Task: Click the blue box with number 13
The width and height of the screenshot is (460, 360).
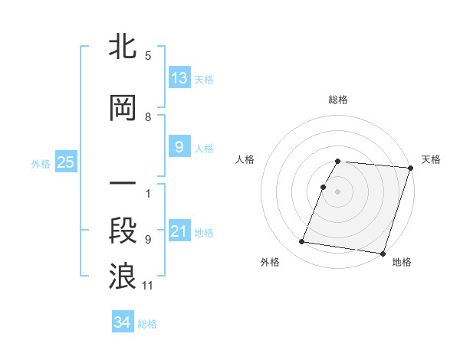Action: (x=179, y=78)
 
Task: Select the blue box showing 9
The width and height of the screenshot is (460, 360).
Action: (x=179, y=148)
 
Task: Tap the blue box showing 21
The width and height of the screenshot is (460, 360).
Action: (x=179, y=231)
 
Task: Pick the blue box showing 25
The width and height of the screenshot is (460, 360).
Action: (x=65, y=162)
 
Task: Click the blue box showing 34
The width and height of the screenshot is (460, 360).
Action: (x=123, y=322)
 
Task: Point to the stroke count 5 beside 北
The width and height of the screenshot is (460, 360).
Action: (x=148, y=56)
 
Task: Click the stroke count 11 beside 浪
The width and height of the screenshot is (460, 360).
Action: (x=148, y=286)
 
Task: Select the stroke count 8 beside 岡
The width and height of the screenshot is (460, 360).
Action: (x=148, y=117)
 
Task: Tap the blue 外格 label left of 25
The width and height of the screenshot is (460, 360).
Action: (x=41, y=163)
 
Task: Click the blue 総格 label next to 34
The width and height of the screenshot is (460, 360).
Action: (x=147, y=323)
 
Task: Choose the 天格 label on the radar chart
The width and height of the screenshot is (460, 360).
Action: (x=431, y=159)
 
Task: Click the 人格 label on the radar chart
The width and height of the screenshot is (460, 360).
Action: (x=245, y=159)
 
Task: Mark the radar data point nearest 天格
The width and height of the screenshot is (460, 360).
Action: (x=411, y=168)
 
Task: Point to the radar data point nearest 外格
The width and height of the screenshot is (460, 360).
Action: (x=302, y=242)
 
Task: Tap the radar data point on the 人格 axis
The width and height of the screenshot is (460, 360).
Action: (x=324, y=188)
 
